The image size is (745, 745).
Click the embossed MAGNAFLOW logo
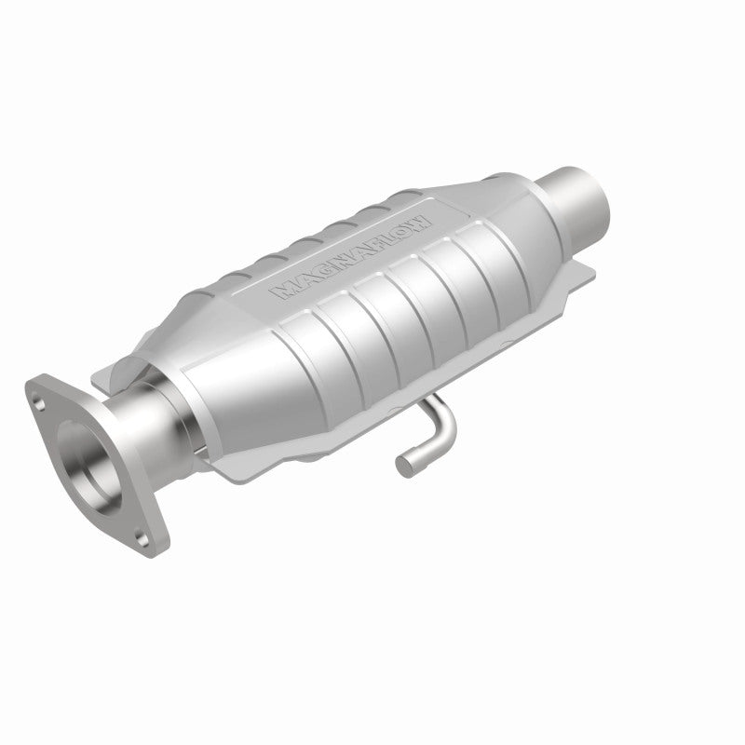click(350, 255)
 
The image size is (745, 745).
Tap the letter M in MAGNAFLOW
click(282, 291)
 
